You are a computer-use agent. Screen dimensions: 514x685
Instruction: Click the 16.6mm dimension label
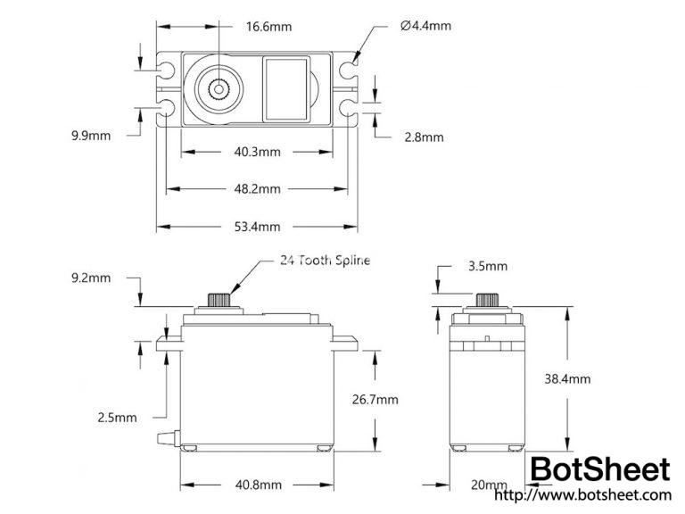click(269, 27)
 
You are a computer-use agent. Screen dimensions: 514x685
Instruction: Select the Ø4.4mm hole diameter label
click(425, 26)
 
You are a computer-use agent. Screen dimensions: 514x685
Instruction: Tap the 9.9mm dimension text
click(91, 136)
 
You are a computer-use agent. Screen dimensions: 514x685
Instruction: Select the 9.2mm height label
click(91, 278)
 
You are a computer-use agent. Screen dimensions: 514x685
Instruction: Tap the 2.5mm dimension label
click(118, 417)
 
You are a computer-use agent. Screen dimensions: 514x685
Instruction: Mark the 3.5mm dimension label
click(487, 266)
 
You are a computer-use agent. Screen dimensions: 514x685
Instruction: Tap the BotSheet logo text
click(599, 470)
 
